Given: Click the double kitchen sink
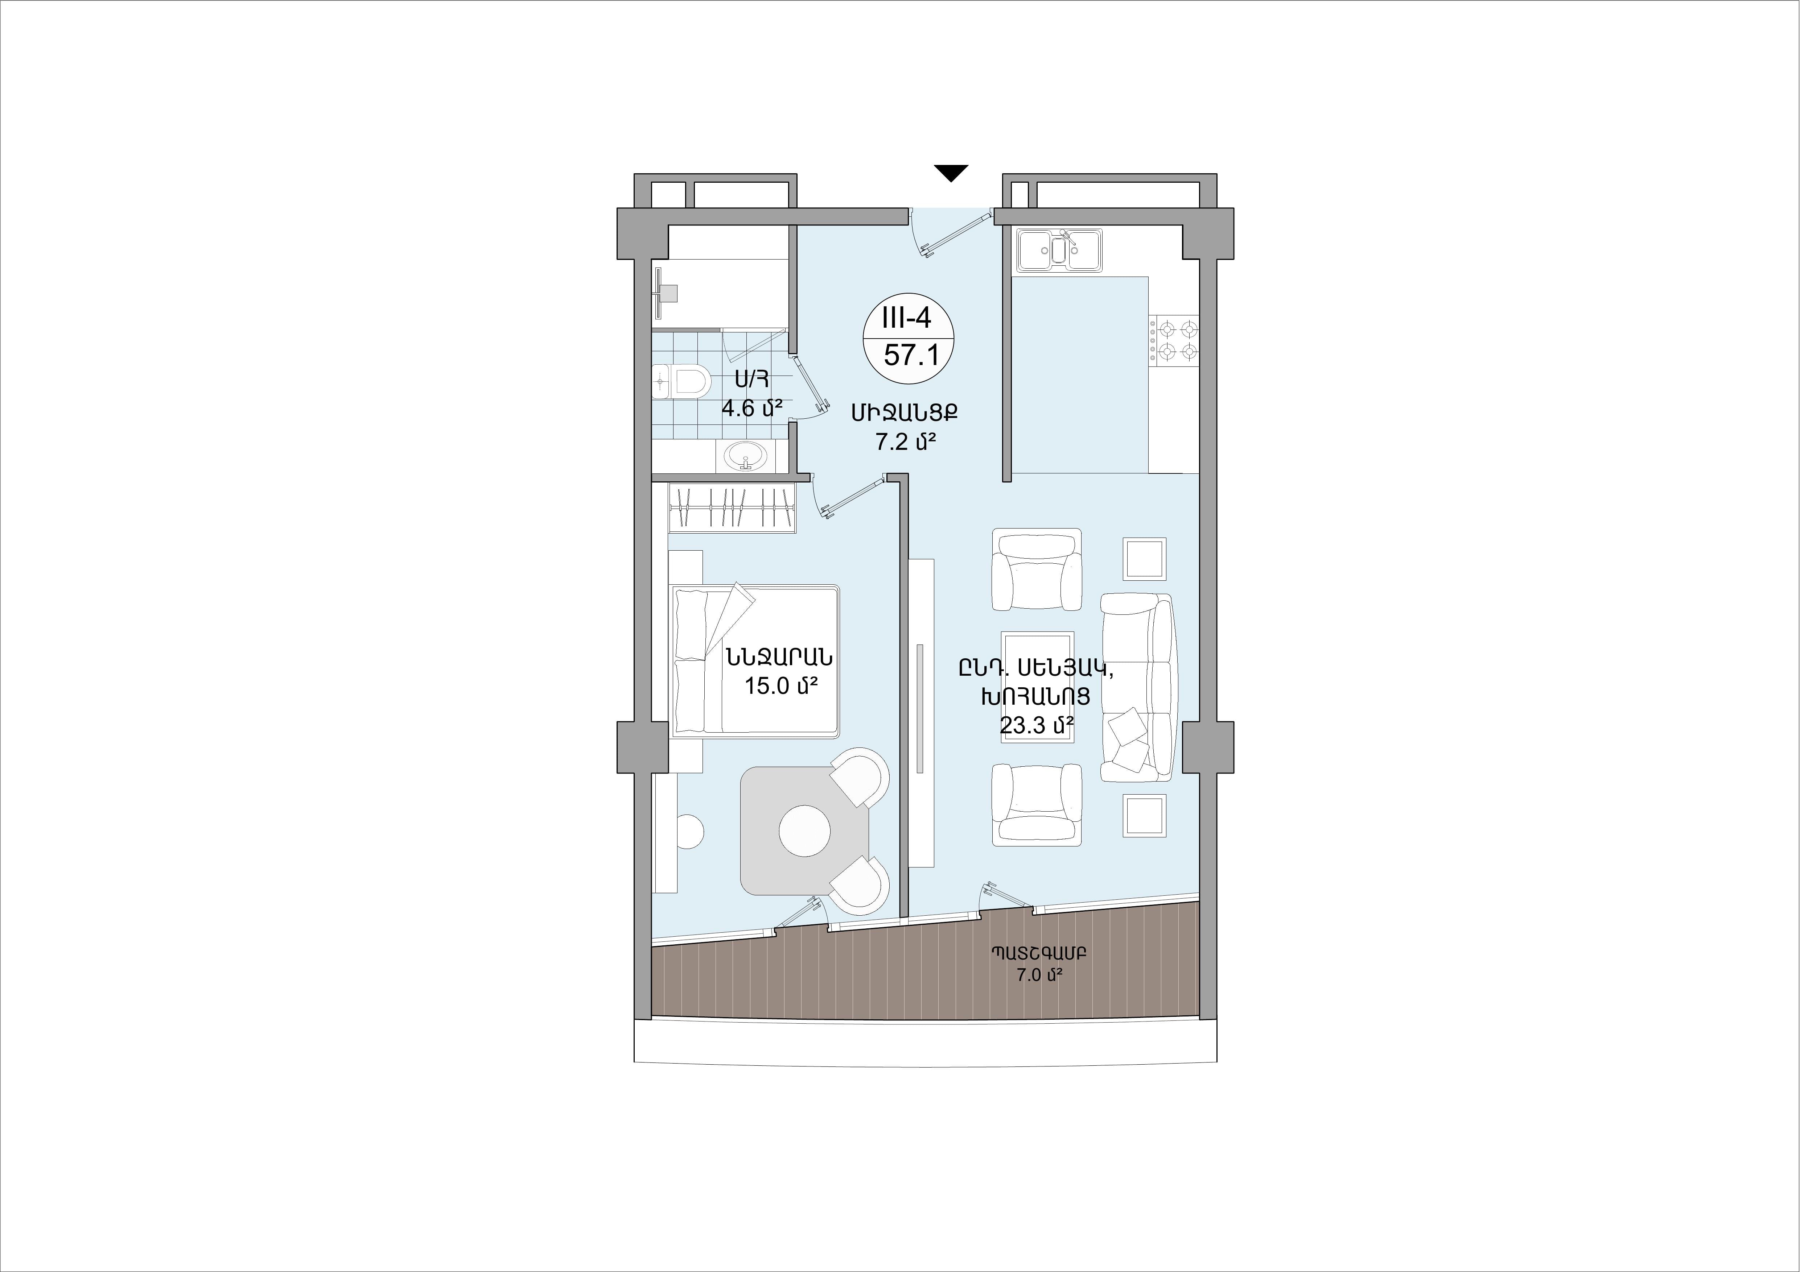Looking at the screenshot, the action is [1060, 250].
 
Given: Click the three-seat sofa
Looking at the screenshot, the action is [1137, 687].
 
